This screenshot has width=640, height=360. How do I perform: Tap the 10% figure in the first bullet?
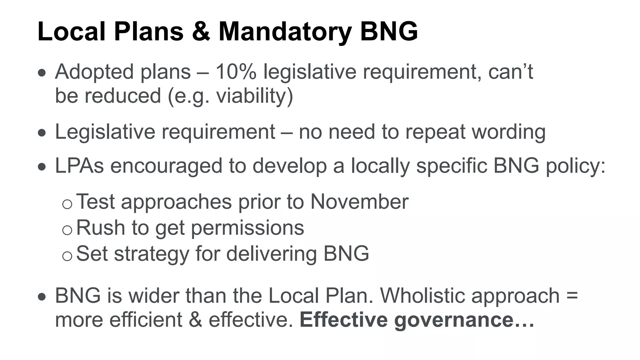pos(236,72)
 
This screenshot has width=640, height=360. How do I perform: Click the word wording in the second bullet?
pos(508,132)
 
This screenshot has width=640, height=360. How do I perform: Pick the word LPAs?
pos(79,166)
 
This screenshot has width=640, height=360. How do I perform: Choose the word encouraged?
pos(166,166)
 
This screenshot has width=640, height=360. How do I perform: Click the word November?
pos(359,202)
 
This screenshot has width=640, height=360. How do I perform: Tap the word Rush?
pos(100,227)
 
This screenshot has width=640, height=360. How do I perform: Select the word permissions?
pos(247,227)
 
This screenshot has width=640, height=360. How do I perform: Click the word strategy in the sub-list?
pos(152,253)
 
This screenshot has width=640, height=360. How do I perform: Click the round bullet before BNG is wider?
pos(42,297)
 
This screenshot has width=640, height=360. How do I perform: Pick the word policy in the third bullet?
pos(575,166)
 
